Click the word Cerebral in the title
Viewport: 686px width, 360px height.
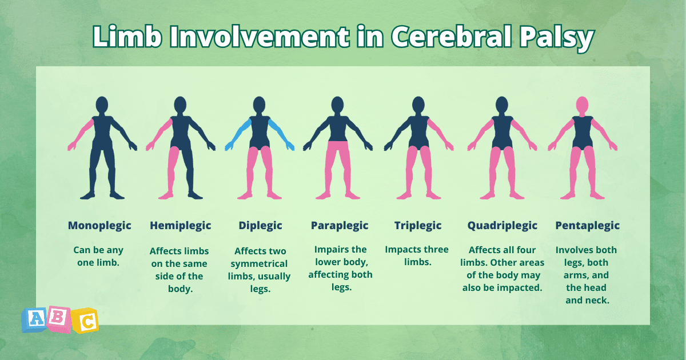(x=451, y=37)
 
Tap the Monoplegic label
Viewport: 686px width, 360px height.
(x=99, y=226)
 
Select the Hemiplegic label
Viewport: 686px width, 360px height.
(x=181, y=226)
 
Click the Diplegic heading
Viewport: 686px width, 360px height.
(x=260, y=226)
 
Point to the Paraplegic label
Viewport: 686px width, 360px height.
(x=340, y=226)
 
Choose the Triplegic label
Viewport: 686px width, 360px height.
(x=418, y=226)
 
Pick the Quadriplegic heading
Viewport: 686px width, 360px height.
(x=502, y=226)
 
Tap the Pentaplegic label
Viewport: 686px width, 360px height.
(x=588, y=226)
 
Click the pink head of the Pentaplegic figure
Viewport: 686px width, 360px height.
(x=582, y=105)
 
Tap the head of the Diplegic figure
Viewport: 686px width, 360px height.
(x=259, y=105)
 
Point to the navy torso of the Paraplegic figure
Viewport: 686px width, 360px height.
(x=337, y=129)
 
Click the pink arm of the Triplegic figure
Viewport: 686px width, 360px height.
(x=440, y=134)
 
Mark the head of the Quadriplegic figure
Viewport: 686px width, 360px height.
(x=502, y=105)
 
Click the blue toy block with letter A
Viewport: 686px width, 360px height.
(x=35, y=320)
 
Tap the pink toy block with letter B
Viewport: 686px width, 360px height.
(x=58, y=318)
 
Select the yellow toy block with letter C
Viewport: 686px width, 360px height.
(x=85, y=321)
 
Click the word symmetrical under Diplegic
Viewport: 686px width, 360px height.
(x=259, y=263)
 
